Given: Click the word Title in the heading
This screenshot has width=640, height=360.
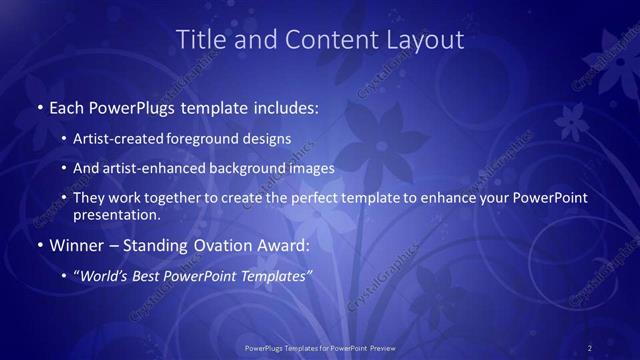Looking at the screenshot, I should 197,40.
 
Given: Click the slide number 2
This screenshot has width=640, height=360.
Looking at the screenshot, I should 590,347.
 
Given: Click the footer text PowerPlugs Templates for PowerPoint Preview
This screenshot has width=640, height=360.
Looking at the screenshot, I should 319,347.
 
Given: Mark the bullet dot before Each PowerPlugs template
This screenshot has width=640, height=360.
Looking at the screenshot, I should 38,107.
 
